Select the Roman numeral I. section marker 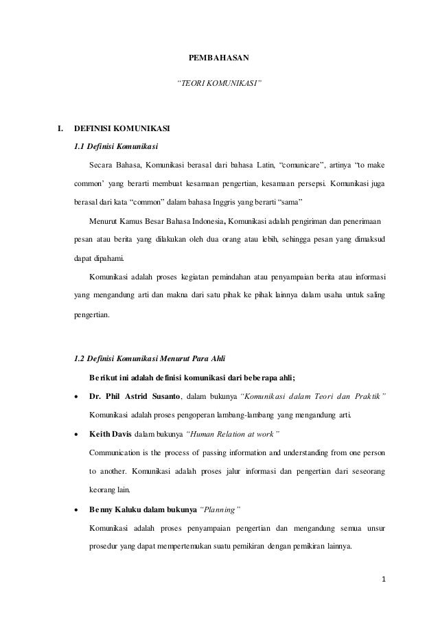(61, 128)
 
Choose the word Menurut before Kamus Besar (104, 220)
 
